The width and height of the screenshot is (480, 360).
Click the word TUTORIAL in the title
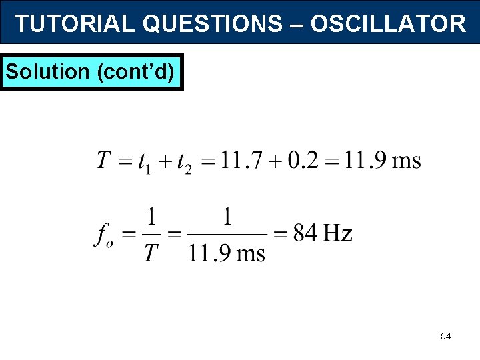(75, 24)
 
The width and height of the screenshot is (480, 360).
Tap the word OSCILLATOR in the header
(388, 24)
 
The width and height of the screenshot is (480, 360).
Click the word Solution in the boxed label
(47, 71)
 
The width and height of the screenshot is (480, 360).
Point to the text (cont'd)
(137, 71)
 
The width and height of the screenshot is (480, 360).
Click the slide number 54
(445, 337)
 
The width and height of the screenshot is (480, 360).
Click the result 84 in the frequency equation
(305, 233)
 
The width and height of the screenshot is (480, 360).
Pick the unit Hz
(337, 233)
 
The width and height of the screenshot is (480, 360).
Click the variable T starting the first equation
(103, 161)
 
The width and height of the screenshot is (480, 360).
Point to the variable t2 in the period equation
(182, 162)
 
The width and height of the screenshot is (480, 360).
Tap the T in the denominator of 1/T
(152, 253)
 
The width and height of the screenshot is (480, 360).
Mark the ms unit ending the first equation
(407, 161)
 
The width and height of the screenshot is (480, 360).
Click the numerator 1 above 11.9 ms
(228, 217)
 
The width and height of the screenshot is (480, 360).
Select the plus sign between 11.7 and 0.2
(275, 161)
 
